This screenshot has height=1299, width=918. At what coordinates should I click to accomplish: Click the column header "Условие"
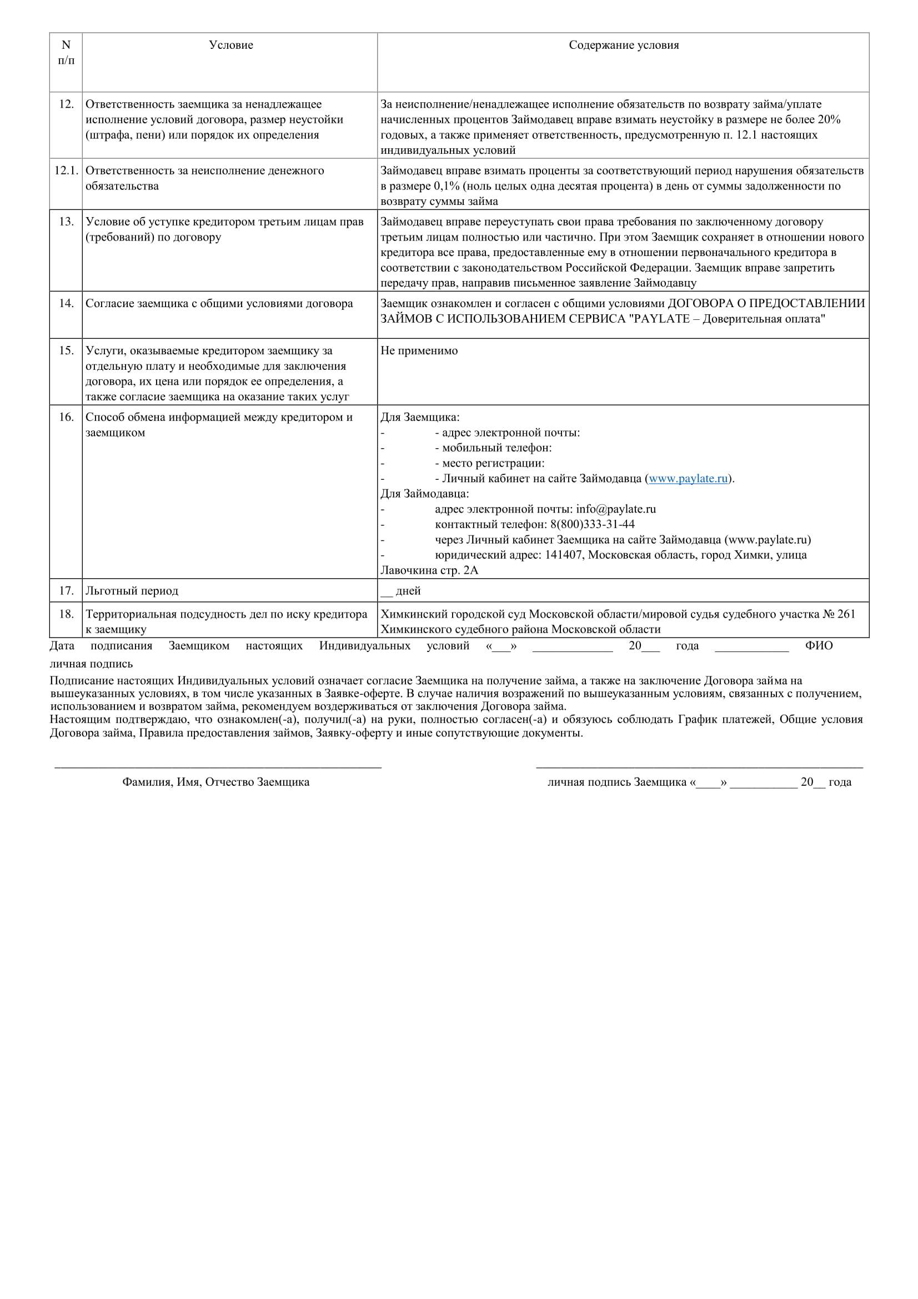(x=231, y=45)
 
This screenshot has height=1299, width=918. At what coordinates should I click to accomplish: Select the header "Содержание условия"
(x=623, y=45)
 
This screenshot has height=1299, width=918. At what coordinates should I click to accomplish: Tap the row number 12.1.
(x=66, y=171)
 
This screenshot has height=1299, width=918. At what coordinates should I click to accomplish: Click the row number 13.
(x=66, y=222)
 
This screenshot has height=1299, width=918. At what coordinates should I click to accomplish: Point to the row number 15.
(x=66, y=351)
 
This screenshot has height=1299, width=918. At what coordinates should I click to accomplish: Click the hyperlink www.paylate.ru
(x=688, y=479)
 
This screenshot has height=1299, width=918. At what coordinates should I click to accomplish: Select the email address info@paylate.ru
(x=616, y=509)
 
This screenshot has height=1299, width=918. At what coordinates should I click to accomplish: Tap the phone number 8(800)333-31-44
(x=592, y=524)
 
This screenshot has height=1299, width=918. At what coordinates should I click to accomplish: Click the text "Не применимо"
(x=419, y=351)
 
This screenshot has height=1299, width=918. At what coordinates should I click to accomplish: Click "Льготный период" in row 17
(x=132, y=591)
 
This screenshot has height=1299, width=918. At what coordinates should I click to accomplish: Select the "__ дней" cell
(x=401, y=591)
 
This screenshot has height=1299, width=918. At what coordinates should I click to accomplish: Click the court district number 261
(x=847, y=614)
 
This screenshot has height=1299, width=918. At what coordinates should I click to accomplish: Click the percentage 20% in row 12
(x=829, y=120)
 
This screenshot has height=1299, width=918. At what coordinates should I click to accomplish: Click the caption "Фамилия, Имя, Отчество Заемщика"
(x=215, y=783)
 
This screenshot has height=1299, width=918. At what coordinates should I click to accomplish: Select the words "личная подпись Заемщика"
(x=616, y=783)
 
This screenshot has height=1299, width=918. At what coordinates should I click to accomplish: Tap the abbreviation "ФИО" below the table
(x=819, y=646)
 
